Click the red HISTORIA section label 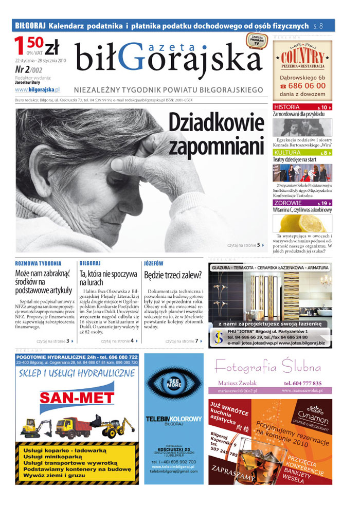point(287,107)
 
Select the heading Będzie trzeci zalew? point(173,275)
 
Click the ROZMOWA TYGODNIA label point(39,263)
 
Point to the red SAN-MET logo point(77,398)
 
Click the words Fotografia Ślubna point(267,367)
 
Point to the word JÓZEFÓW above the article point(154,263)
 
